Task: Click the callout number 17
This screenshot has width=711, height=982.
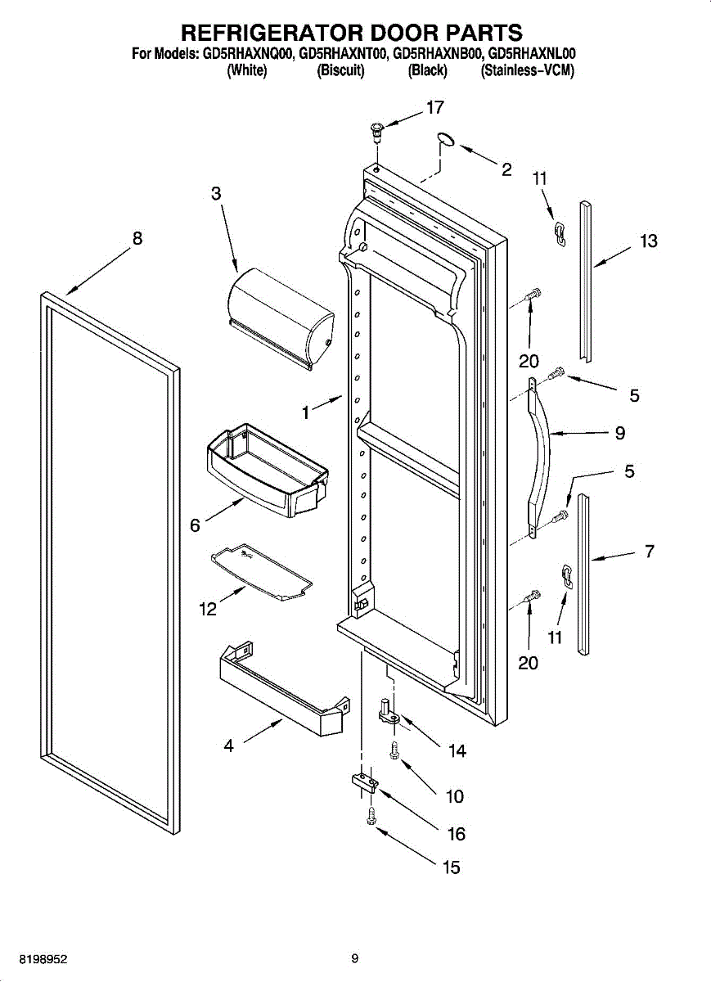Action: [x=434, y=107]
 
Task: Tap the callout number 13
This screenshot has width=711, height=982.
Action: [x=648, y=241]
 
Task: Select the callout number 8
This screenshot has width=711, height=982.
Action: [x=137, y=238]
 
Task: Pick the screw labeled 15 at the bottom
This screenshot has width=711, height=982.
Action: [x=371, y=814]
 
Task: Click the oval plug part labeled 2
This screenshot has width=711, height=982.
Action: [x=446, y=141]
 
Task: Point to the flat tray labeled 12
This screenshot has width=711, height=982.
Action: [x=261, y=573]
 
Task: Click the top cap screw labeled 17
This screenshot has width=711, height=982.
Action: [x=376, y=129]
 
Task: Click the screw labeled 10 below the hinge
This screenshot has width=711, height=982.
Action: [x=394, y=749]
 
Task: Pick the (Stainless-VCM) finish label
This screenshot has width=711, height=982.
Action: [x=528, y=70]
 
